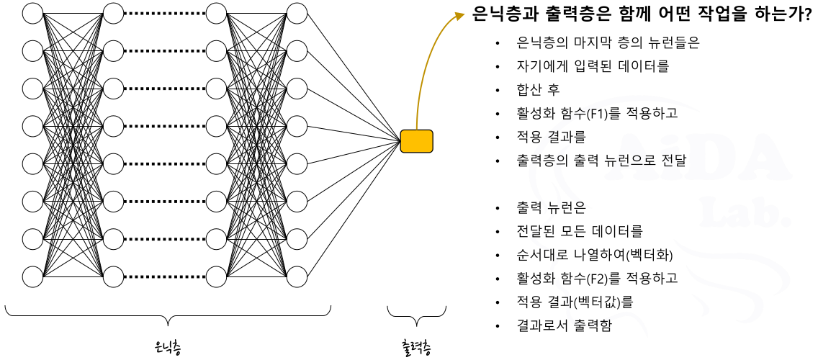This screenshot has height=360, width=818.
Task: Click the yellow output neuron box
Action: tap(416, 141)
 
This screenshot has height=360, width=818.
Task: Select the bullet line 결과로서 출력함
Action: tap(564, 325)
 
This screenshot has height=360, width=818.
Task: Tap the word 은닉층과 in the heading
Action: tap(505, 14)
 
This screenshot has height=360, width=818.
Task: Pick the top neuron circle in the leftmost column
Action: tap(33, 13)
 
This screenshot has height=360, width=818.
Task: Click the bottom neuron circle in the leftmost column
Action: tap(33, 276)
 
